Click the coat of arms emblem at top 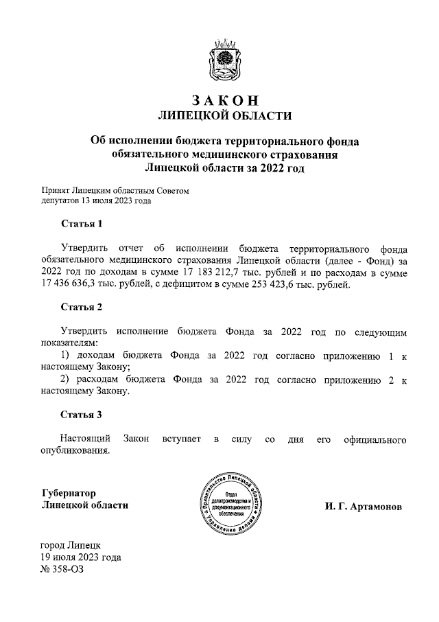click(226, 61)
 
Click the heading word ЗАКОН click(226, 100)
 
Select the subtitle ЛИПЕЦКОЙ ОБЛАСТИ click(226, 115)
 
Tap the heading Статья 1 click(82, 224)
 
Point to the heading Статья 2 click(82, 307)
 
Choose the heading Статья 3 click(82, 415)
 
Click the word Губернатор click(68, 493)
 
